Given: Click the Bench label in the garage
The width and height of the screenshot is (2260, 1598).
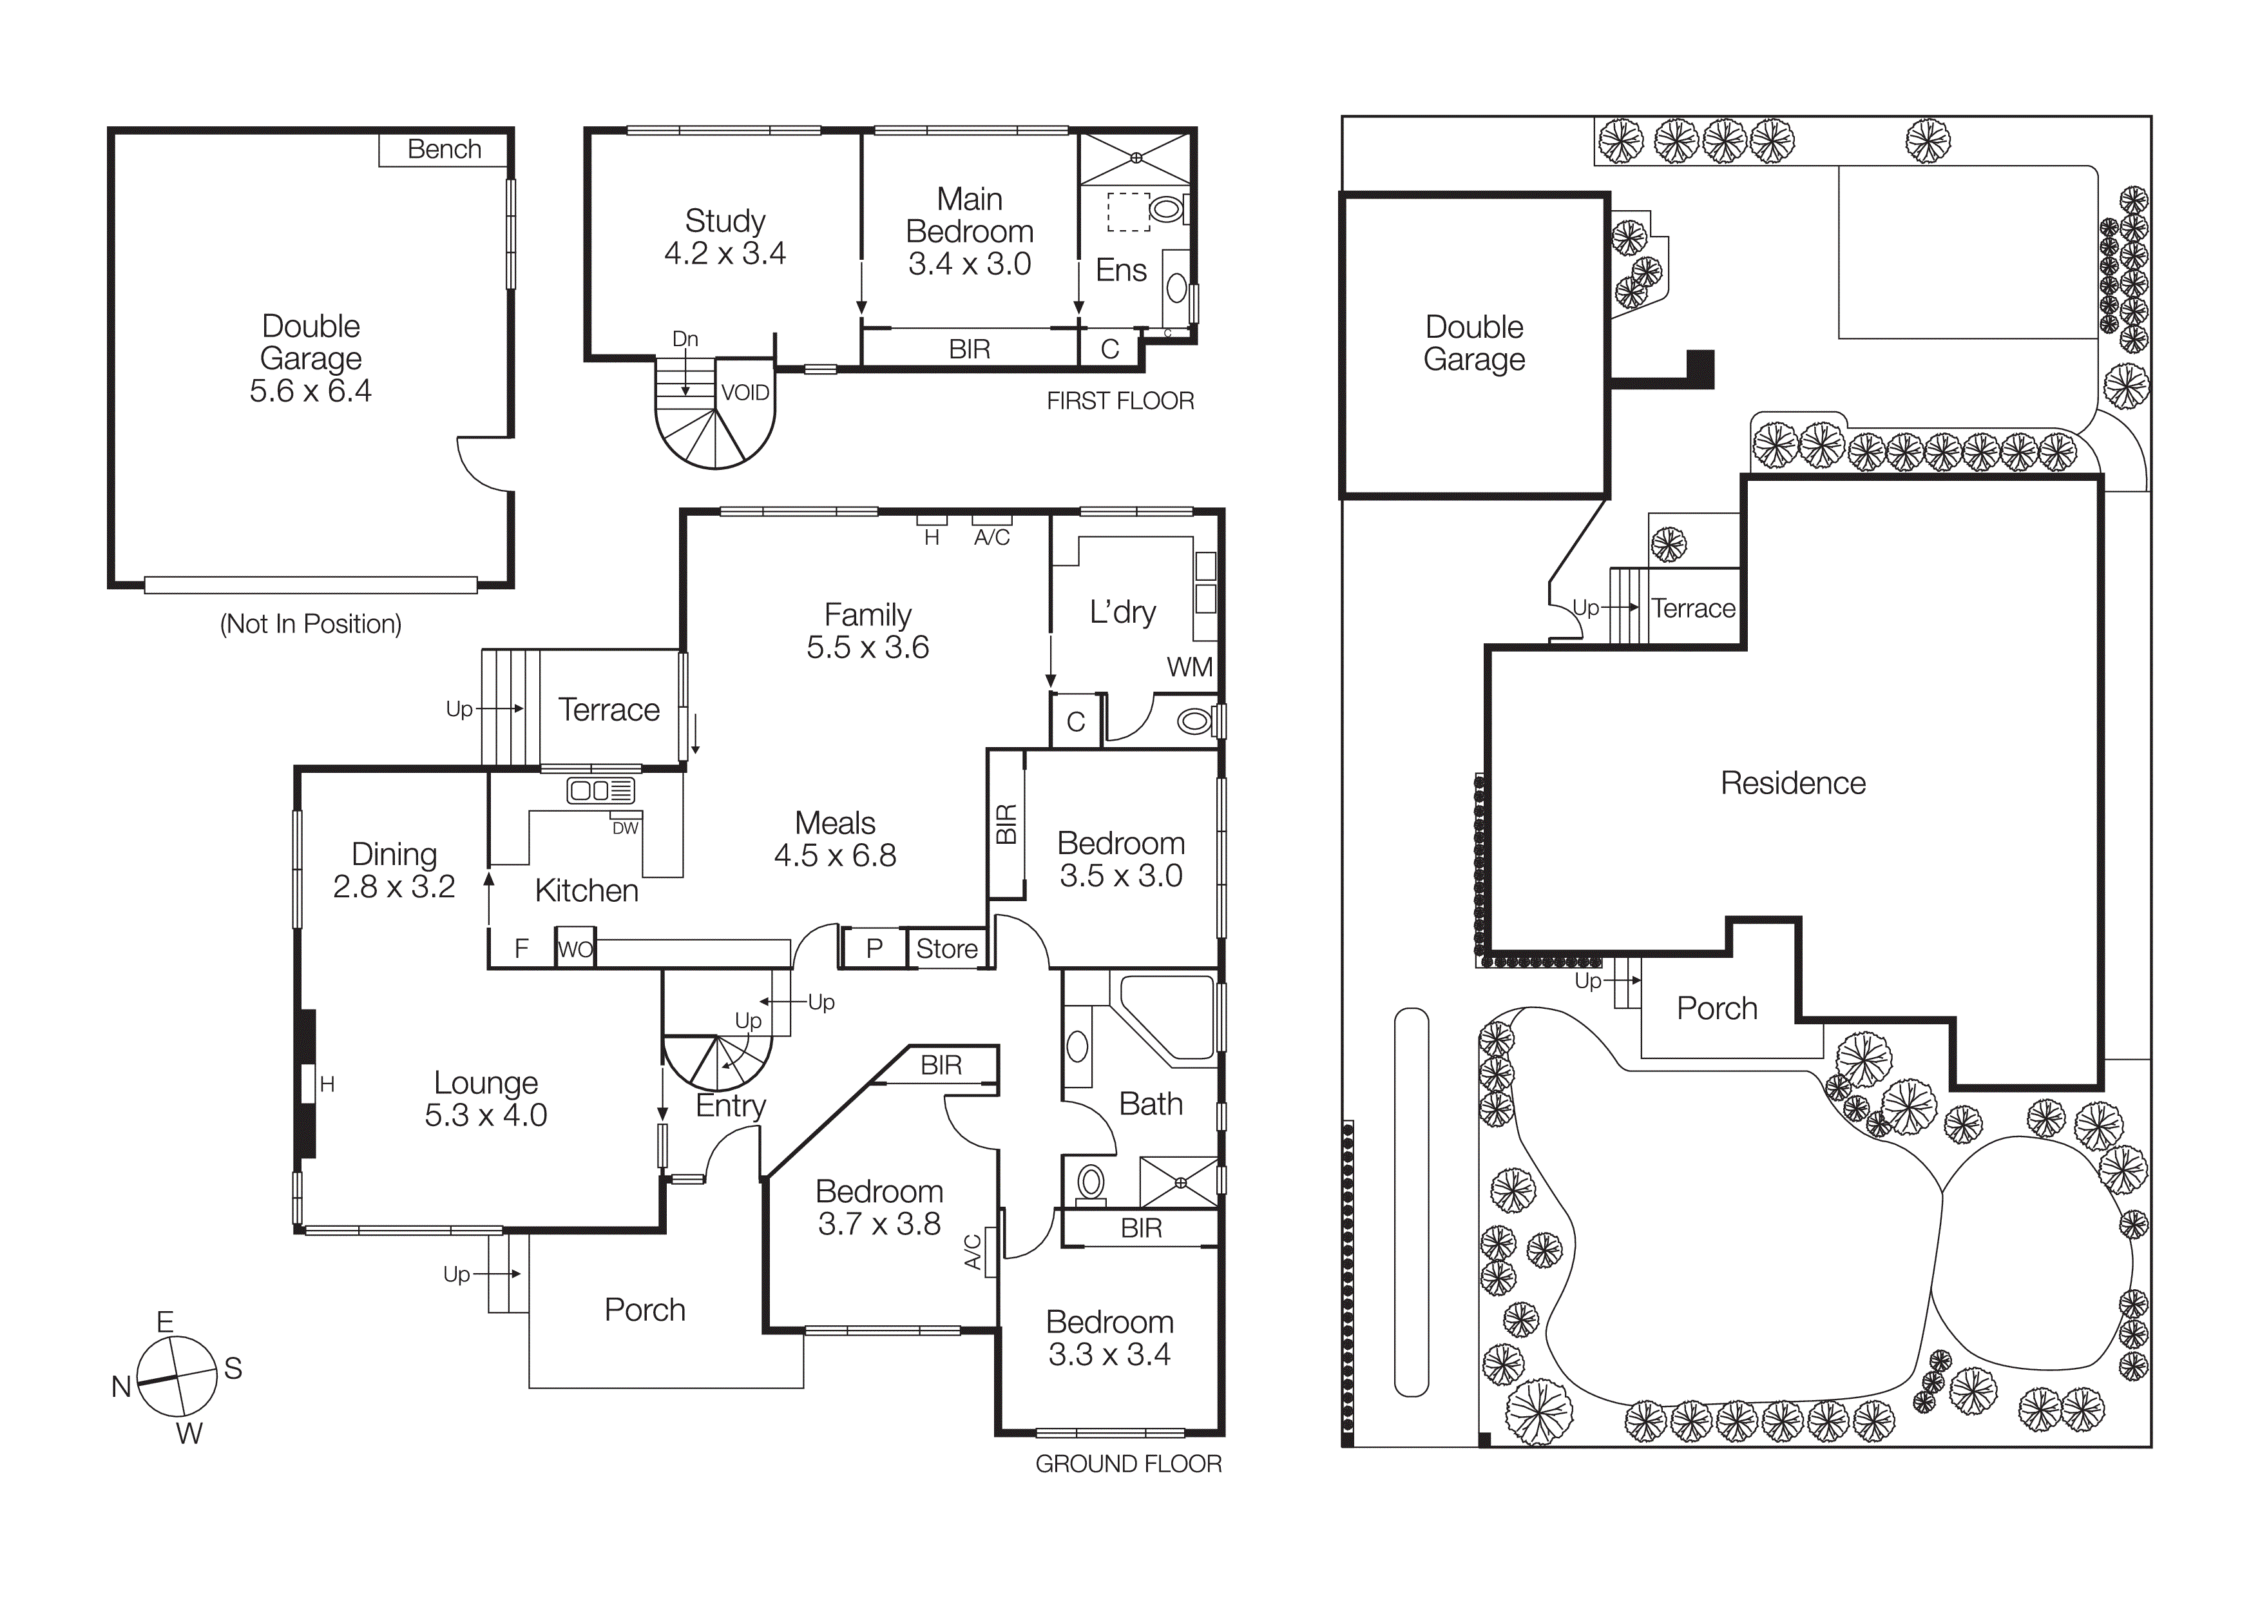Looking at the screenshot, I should coord(444,150).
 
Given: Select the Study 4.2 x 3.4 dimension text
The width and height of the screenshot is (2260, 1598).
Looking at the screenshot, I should coord(725,254).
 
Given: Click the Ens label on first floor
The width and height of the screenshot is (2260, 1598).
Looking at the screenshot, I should coord(1121,271).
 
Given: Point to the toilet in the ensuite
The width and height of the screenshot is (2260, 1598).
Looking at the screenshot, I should coord(1167,209).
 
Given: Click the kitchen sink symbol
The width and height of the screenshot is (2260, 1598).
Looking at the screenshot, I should coord(600,790).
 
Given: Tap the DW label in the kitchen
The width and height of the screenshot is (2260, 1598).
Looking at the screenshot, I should coord(625,828).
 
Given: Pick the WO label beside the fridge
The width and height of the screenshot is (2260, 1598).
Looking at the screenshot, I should coord(576,949).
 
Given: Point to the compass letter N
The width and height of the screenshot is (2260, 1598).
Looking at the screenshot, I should coord(121,1387).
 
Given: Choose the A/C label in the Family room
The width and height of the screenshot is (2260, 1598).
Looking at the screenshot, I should coord(991,538).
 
